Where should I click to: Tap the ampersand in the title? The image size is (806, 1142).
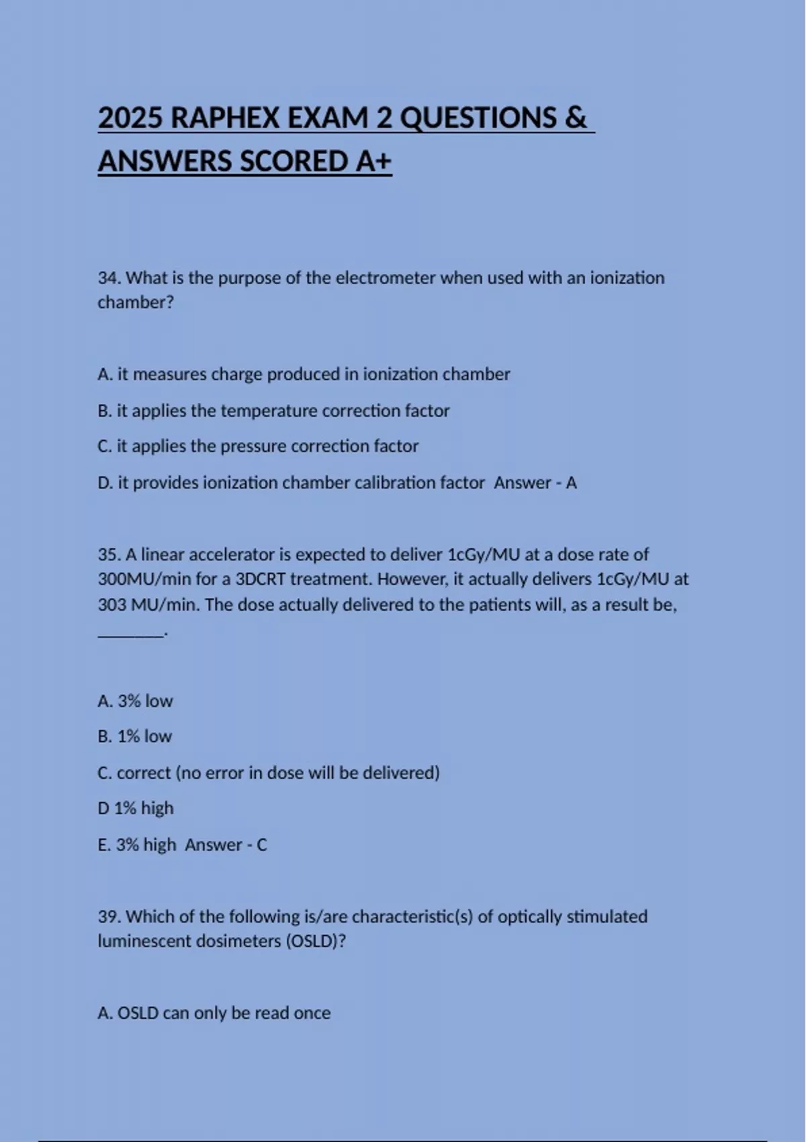pyautogui.click(x=576, y=118)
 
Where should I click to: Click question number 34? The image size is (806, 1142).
pyautogui.click(x=109, y=278)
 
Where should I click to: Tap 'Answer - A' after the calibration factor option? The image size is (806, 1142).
pyautogui.click(x=535, y=483)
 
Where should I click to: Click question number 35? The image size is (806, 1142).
pyautogui.click(x=109, y=555)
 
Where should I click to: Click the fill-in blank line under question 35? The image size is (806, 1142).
pyautogui.click(x=131, y=633)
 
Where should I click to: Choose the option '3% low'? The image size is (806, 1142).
pyautogui.click(x=135, y=701)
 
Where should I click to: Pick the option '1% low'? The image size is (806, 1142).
pyautogui.click(x=134, y=737)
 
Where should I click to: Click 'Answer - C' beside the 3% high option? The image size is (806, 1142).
pyautogui.click(x=226, y=845)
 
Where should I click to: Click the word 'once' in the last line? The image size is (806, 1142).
pyautogui.click(x=312, y=1013)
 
